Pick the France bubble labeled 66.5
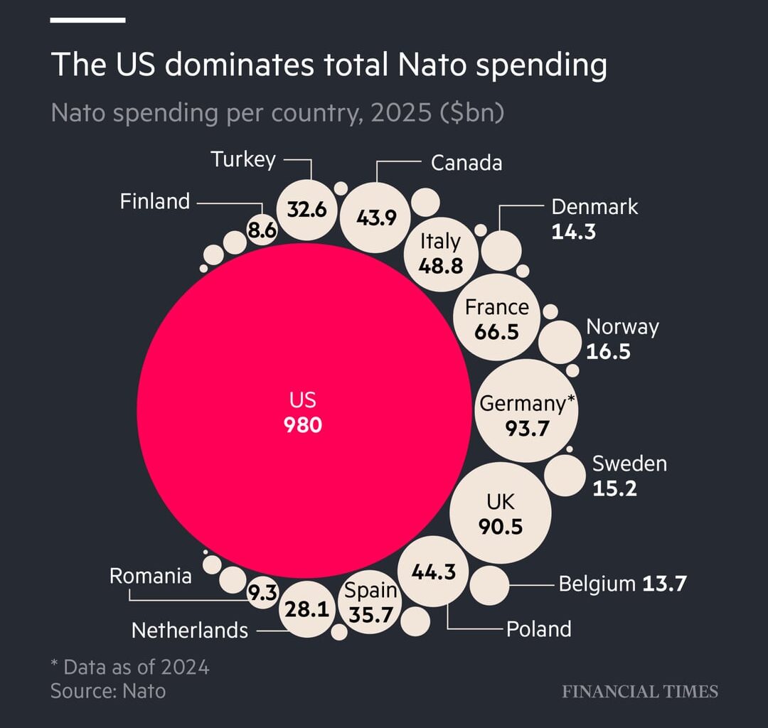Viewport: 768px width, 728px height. (x=497, y=318)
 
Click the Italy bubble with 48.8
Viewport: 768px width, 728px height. (x=441, y=253)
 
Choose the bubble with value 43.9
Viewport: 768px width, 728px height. (x=376, y=217)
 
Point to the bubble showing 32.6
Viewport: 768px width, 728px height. (x=306, y=210)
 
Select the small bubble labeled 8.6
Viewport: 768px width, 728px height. (x=262, y=230)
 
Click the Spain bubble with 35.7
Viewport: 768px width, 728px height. (x=370, y=603)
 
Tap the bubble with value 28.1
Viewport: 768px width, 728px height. (x=306, y=609)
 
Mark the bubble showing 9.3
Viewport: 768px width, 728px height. (x=262, y=593)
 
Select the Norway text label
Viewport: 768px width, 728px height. (x=622, y=327)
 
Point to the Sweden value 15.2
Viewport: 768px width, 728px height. (x=614, y=488)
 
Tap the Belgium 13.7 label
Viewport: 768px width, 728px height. (x=622, y=584)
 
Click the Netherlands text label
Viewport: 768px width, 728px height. (x=190, y=630)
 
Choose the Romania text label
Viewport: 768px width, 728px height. (x=150, y=576)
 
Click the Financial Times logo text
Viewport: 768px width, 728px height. (x=640, y=691)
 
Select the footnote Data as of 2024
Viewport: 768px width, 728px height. (x=130, y=667)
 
